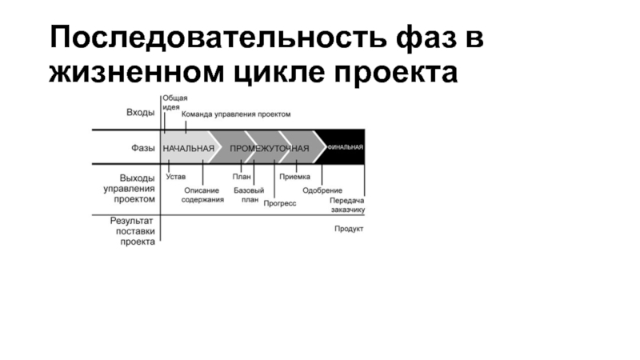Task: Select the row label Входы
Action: click(141, 114)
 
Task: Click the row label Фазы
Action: click(143, 149)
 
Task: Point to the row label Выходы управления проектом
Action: click(130, 188)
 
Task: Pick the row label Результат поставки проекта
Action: click(132, 230)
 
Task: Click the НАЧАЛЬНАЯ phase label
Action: click(189, 149)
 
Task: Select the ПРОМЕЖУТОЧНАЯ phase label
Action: click(270, 149)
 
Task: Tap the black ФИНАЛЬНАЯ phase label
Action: click(345, 147)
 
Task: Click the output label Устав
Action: click(175, 176)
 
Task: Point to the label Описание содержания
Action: click(203, 194)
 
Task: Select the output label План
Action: click(242, 176)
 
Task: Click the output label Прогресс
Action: click(279, 204)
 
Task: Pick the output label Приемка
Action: click(294, 176)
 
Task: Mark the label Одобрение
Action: click(322, 190)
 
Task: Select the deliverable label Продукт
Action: click(349, 229)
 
